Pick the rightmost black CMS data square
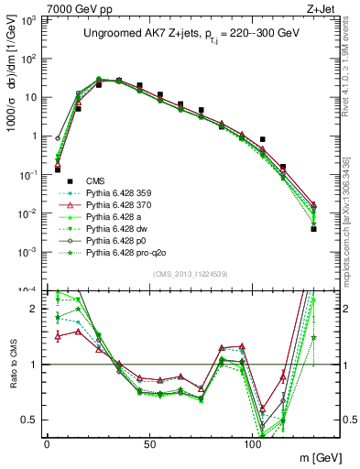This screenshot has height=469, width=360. pos(313,229)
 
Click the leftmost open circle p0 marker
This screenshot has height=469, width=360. pos(57,139)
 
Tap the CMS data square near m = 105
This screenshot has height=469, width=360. pos(263,139)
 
